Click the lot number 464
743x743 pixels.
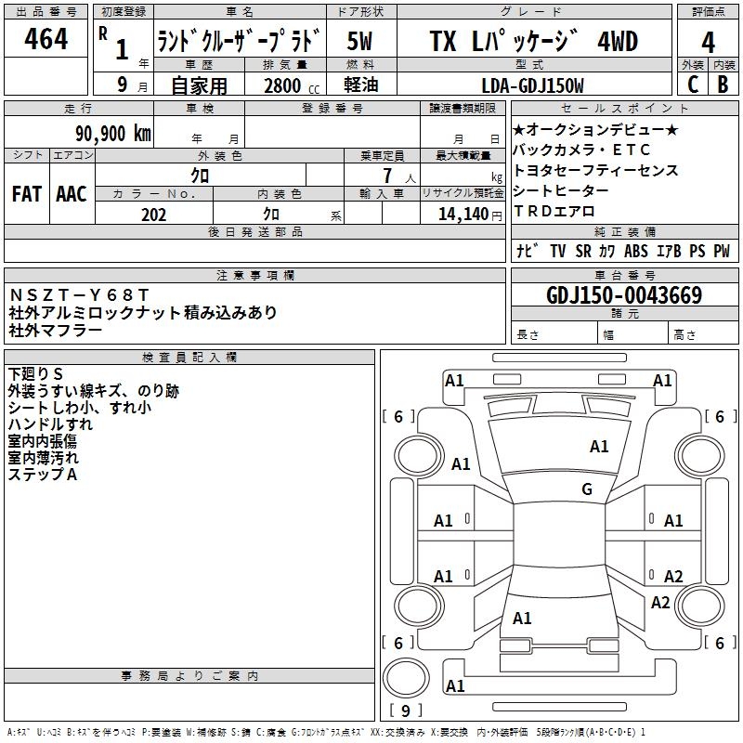[46, 40]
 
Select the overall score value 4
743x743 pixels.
[709, 42]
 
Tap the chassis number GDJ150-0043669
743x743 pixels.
[624, 295]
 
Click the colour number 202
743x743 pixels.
[153, 215]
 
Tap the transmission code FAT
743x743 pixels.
[26, 194]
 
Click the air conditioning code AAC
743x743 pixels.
[71, 194]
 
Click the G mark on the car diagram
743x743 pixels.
[586, 489]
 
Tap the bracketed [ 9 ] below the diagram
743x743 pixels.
[405, 710]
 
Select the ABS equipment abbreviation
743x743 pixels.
[636, 251]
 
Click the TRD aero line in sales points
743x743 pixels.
[554, 212]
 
